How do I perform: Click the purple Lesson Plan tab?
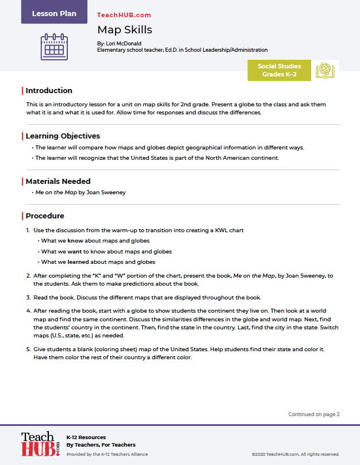click(x=54, y=13)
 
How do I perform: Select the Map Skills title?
click(x=124, y=29)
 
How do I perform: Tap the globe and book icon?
click(x=325, y=70)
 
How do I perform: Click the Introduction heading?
click(x=49, y=90)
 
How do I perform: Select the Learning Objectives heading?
click(x=63, y=136)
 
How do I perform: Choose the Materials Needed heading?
click(x=58, y=181)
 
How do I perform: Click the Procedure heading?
click(x=45, y=216)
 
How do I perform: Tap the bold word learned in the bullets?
click(x=79, y=262)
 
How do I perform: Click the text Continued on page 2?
click(x=314, y=414)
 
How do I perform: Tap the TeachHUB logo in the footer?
click(x=40, y=444)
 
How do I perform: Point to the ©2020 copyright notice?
click(x=295, y=454)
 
